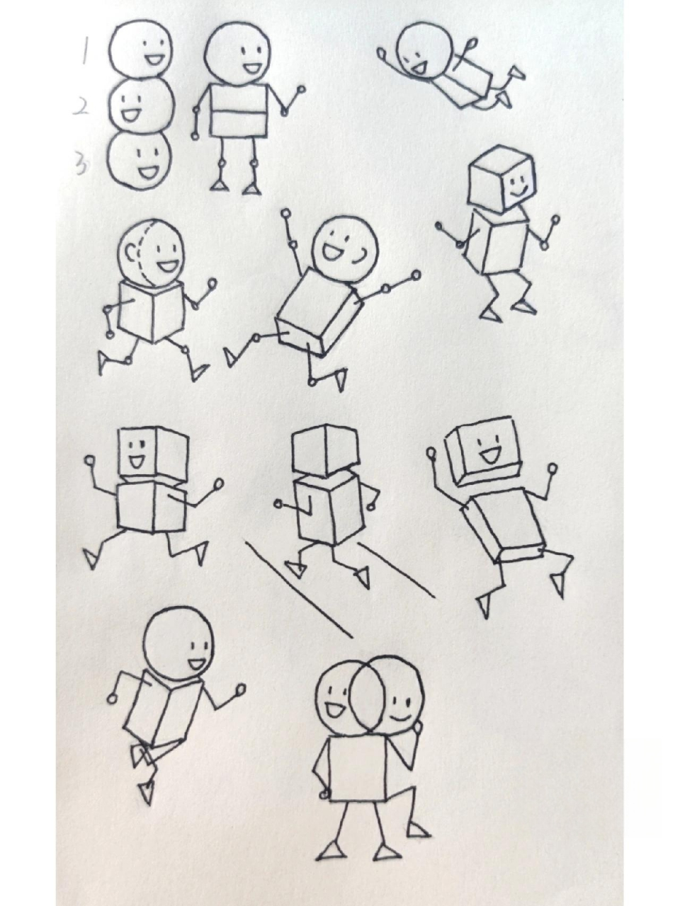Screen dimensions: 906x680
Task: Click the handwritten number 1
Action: [x=84, y=51]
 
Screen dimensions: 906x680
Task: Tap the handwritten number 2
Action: [x=82, y=106]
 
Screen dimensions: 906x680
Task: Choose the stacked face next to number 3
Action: [x=140, y=160]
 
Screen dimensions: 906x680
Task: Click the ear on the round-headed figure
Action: [x=130, y=252]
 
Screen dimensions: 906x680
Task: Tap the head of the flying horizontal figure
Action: [x=422, y=50]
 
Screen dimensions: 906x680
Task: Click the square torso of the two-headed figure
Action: [x=358, y=769]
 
